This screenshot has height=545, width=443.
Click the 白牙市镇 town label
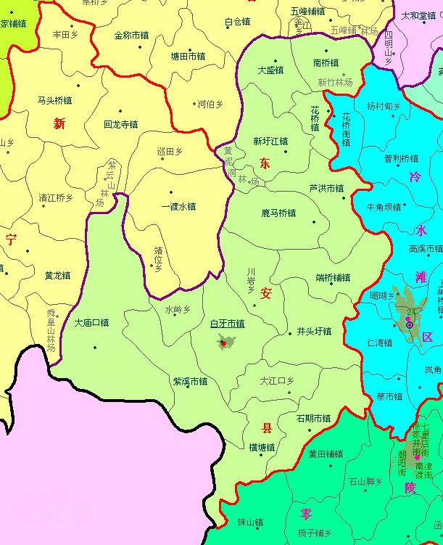(x=227, y=323)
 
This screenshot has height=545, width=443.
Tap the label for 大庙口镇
(x=91, y=322)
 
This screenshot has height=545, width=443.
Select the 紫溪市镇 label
(x=190, y=381)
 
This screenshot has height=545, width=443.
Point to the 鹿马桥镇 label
(x=278, y=213)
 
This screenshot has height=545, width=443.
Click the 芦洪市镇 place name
(x=326, y=188)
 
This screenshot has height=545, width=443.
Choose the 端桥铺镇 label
(x=333, y=277)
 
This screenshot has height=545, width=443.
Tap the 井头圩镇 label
(x=314, y=332)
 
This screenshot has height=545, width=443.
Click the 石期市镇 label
(x=313, y=418)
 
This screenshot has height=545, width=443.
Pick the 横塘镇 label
(x=261, y=447)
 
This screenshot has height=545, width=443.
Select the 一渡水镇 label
(x=178, y=206)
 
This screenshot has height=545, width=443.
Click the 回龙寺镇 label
(x=120, y=125)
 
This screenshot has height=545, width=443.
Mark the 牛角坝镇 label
(x=384, y=207)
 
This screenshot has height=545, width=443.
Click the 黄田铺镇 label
(x=326, y=454)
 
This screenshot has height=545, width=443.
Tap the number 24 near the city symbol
(x=412, y=311)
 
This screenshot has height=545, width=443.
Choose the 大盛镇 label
(x=270, y=70)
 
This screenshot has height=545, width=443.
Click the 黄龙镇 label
(x=57, y=276)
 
